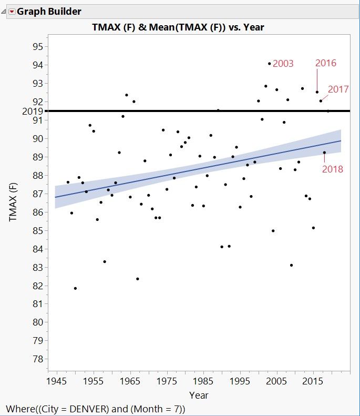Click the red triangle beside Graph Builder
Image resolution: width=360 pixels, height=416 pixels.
(x=12, y=11)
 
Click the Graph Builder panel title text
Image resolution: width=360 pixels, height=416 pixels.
(x=49, y=11)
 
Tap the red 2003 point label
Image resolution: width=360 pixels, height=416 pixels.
(x=283, y=64)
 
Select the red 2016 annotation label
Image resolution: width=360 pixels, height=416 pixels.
(x=325, y=63)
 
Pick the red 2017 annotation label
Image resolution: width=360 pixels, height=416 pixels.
(x=338, y=89)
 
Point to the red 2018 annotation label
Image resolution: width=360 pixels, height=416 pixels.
(x=333, y=169)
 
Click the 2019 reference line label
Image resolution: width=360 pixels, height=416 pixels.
(x=32, y=111)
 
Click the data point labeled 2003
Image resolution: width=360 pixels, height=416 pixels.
(x=269, y=64)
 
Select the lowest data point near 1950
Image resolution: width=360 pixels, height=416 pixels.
(x=75, y=288)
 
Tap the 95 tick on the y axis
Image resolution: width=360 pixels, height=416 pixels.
(x=37, y=46)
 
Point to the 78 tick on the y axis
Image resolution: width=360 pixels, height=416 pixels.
(x=37, y=359)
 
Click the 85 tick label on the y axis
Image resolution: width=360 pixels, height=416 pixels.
(x=37, y=230)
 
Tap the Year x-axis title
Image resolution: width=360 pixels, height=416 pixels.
(x=199, y=395)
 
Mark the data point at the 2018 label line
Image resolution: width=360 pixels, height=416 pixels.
(x=324, y=153)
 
